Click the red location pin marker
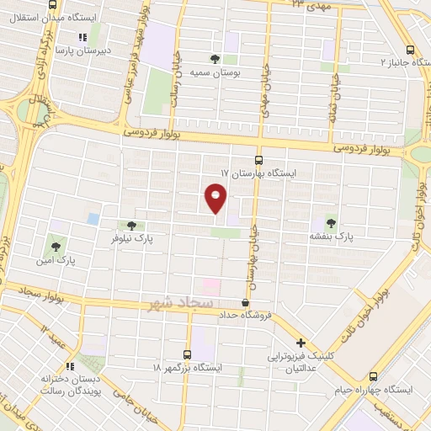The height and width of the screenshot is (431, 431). click(x=216, y=199)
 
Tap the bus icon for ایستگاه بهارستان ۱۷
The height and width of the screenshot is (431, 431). click(x=258, y=160)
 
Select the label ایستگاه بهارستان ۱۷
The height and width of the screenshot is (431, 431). click(x=258, y=172)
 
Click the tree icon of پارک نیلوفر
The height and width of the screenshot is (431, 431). click(x=130, y=225)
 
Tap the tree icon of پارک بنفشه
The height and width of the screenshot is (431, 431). click(x=330, y=224)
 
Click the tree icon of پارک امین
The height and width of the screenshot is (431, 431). click(x=56, y=247)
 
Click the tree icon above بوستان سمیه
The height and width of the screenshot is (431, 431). click(x=215, y=59)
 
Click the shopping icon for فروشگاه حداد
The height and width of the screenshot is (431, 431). click(x=245, y=302)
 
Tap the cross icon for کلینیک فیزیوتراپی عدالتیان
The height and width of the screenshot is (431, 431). click(x=301, y=343)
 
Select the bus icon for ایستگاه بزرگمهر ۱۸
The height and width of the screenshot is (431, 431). click(x=188, y=355)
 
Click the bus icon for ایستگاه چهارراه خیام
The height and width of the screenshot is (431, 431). click(x=373, y=376)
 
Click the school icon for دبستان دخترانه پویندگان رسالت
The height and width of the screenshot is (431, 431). click(x=71, y=366)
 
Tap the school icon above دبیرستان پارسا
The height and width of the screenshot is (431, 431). click(x=82, y=37)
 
